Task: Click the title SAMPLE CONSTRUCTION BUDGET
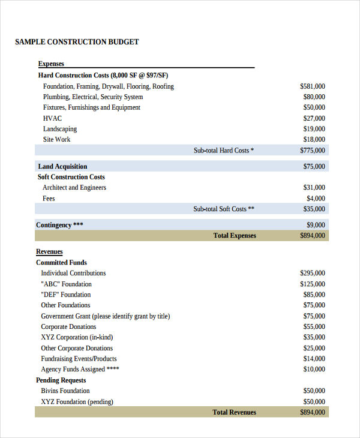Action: click(77, 42)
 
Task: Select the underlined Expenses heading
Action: click(51, 64)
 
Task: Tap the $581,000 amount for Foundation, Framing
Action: click(313, 86)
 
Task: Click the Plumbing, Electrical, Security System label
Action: click(93, 97)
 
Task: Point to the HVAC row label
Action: click(52, 118)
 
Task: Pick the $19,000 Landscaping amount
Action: click(314, 129)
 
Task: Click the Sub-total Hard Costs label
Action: click(223, 151)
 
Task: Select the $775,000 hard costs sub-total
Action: click(313, 151)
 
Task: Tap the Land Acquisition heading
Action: click(62, 167)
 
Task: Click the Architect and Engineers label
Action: click(74, 188)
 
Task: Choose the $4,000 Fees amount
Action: click(316, 199)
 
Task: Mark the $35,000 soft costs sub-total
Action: click(314, 209)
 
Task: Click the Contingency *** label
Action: click(59, 226)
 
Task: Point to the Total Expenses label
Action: click(235, 236)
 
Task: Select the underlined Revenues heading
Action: click(49, 252)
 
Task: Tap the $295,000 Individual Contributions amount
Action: click(313, 274)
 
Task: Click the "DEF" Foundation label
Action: click(66, 295)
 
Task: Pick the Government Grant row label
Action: click(105, 316)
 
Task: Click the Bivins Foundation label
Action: click(65, 391)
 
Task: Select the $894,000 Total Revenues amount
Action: click(313, 413)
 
